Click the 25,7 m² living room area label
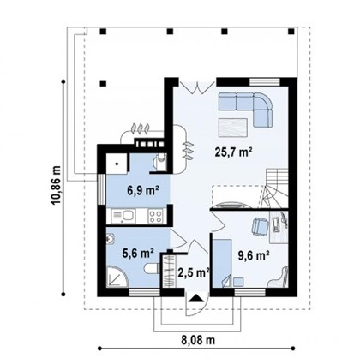pos(233,152)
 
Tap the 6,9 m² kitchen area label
pos(143,190)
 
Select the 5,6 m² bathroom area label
pos(138,253)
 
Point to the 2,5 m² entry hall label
pos(194,272)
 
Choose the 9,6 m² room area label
pos(254,255)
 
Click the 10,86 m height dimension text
pos(56,185)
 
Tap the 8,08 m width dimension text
pos(198,340)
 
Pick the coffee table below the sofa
pos(233,128)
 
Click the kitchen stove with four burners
pos(155,216)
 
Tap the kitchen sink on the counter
pos(123,216)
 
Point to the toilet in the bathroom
pos(152,268)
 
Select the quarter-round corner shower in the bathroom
pos(117,277)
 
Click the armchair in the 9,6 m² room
pos(260,227)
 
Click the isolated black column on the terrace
pos(103,83)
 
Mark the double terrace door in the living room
pos(197,87)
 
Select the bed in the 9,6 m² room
pos(222,263)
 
